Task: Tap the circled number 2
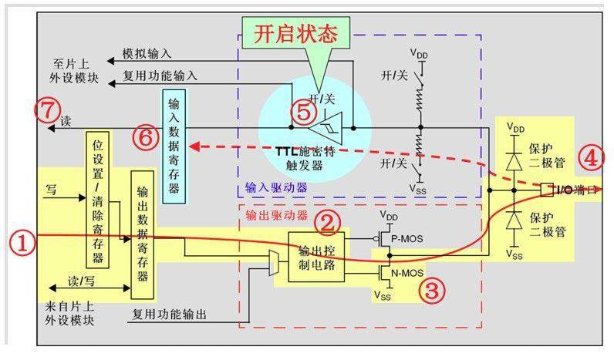pos(329,223)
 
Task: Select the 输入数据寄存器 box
pos(175,144)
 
